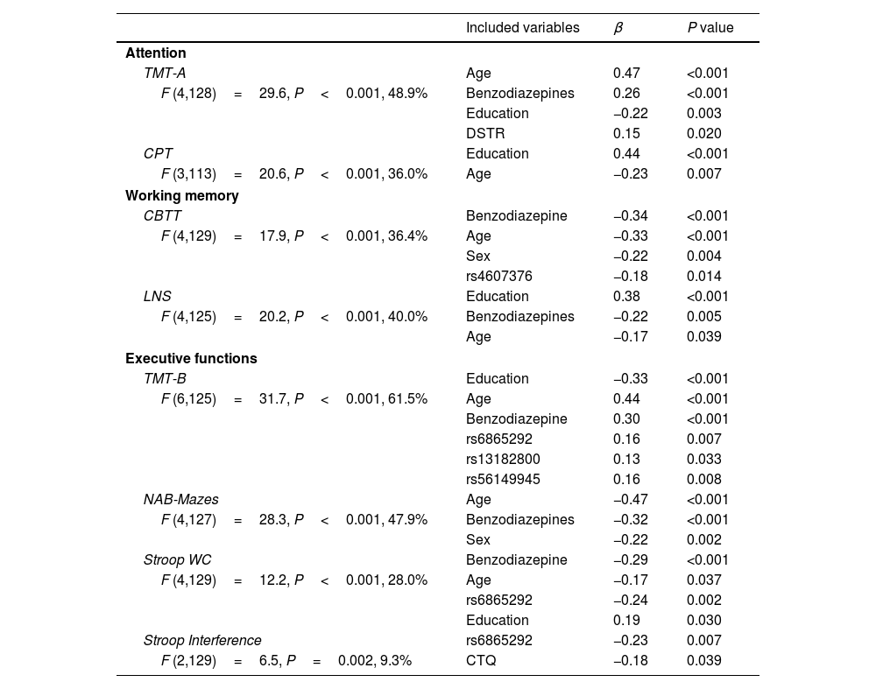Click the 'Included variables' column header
click(522, 28)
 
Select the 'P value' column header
click(710, 28)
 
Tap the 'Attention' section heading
click(156, 53)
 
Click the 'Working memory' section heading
click(182, 195)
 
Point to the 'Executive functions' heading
click(191, 358)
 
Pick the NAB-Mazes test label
click(181, 499)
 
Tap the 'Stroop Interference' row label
click(202, 640)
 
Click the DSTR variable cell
click(485, 134)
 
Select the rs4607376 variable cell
click(499, 276)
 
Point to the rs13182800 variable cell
click(503, 459)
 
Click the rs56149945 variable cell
click(503, 479)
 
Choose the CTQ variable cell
click(481, 660)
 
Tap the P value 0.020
click(704, 134)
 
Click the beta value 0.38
click(626, 296)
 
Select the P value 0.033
click(704, 459)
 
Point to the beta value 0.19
click(626, 620)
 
